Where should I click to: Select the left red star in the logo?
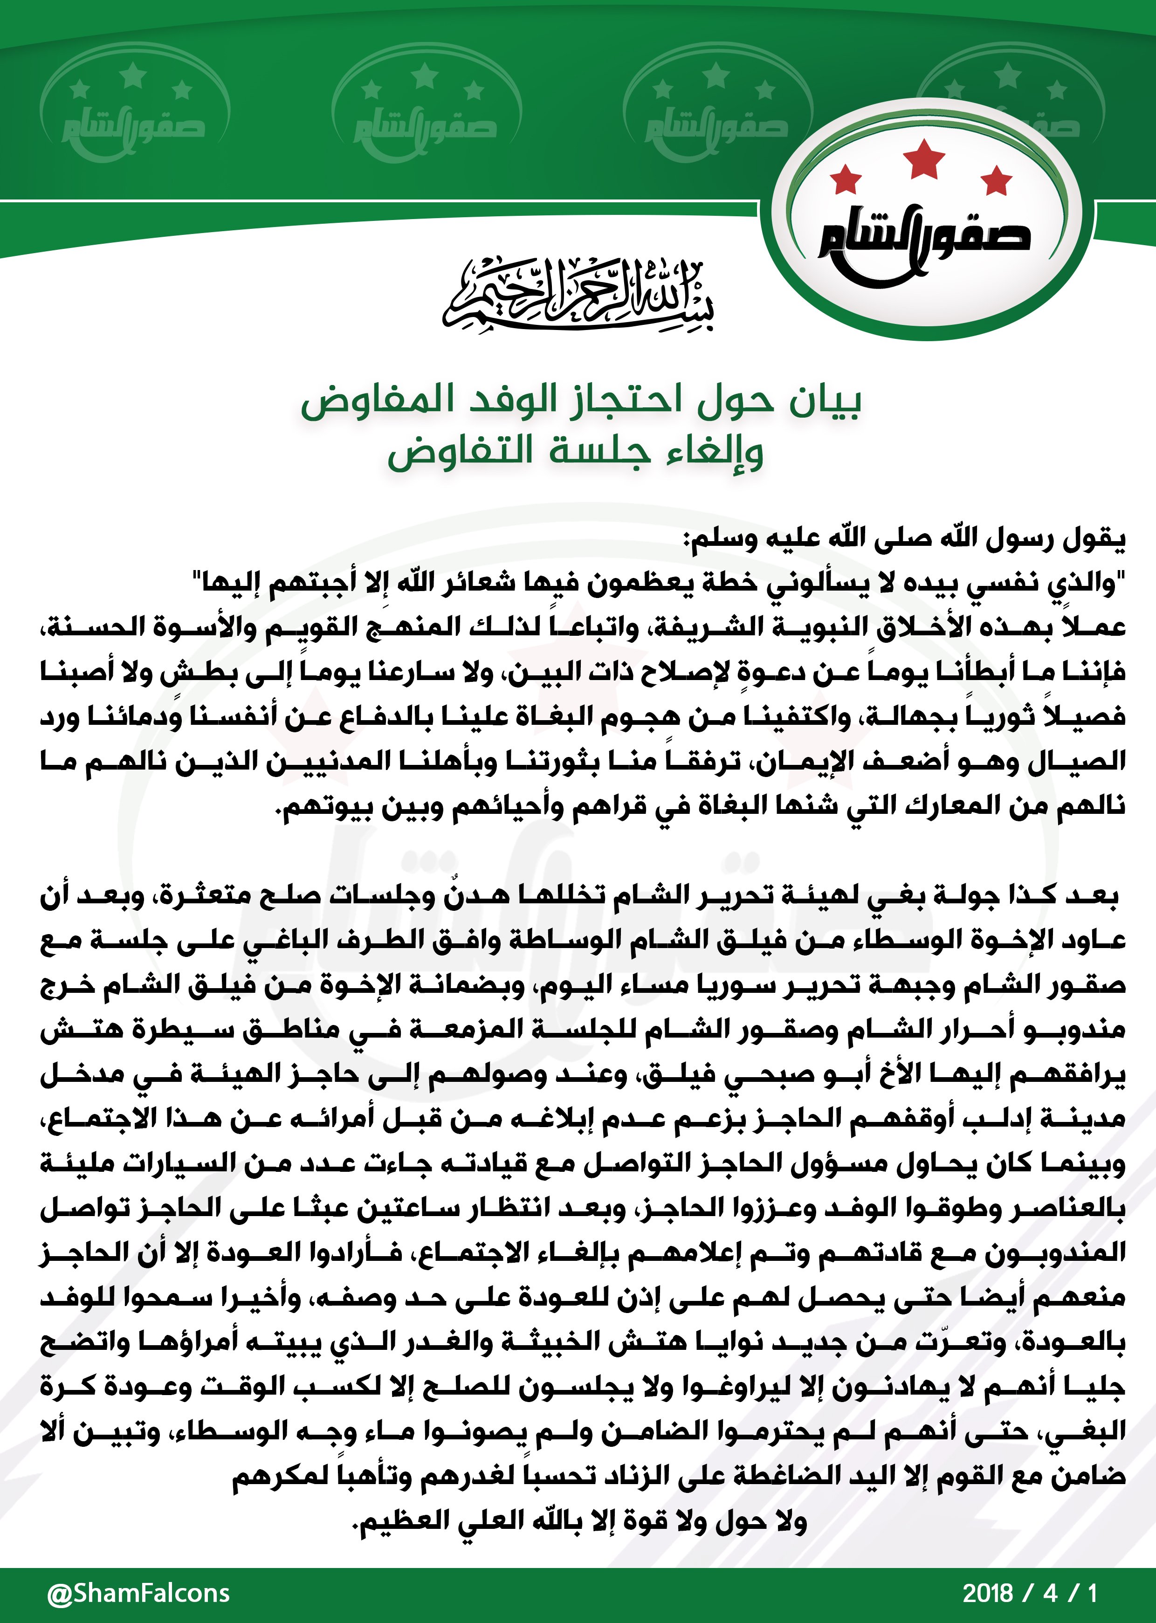(x=846, y=179)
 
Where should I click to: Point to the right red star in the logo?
(x=996, y=179)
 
